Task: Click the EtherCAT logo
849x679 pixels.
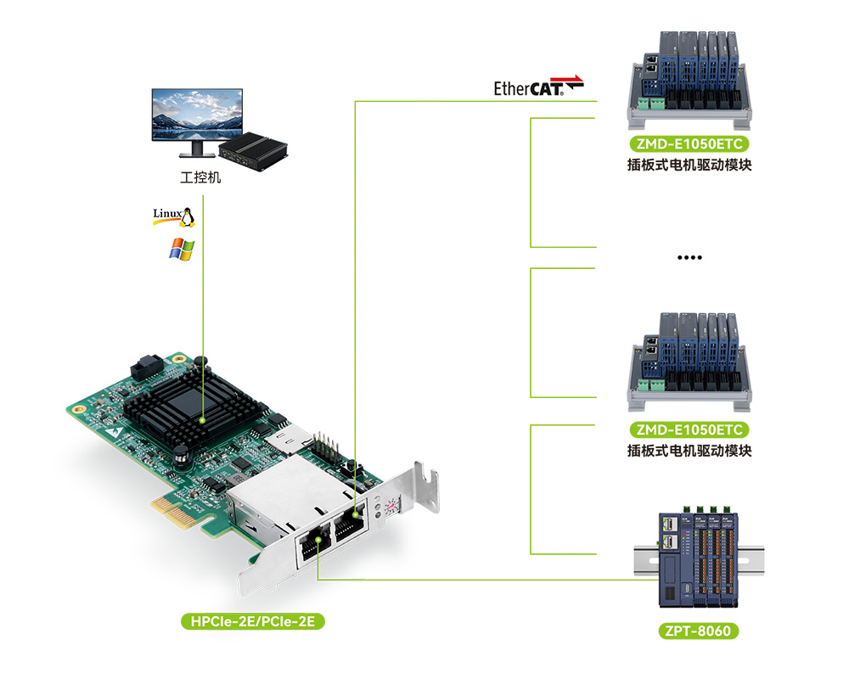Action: (538, 87)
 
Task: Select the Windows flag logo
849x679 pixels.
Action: (182, 249)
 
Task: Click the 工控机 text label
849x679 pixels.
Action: (200, 178)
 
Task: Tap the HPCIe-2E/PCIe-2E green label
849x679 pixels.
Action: (253, 622)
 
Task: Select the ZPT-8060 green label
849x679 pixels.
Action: (697, 631)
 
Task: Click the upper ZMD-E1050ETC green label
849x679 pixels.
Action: (688, 143)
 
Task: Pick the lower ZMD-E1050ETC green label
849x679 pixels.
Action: (688, 429)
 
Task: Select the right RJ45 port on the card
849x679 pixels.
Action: (350, 525)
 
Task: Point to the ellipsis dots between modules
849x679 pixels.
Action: (689, 257)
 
